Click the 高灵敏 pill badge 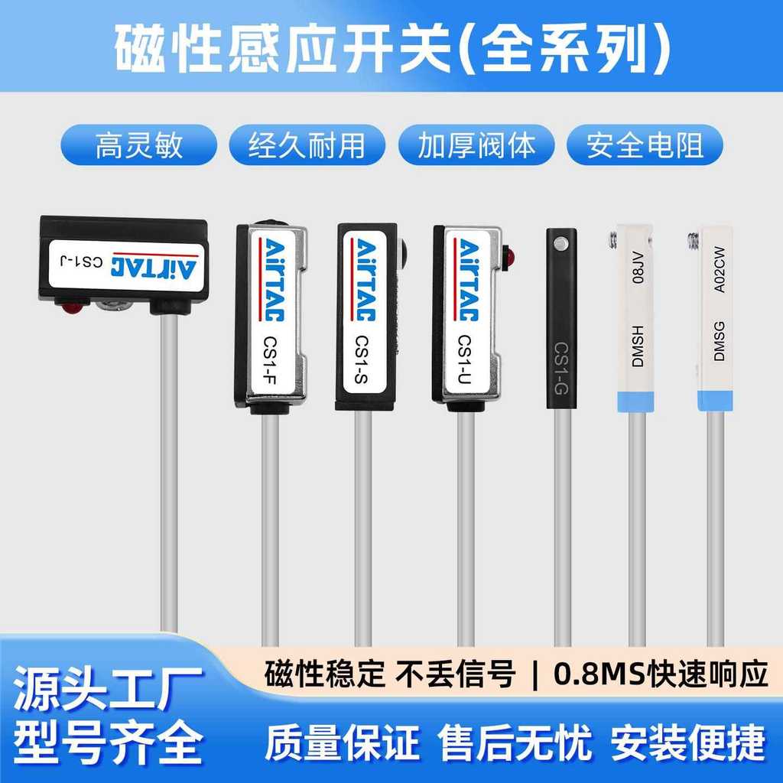click(139, 145)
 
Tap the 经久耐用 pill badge click(307, 145)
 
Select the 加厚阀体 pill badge click(476, 145)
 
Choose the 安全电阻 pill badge click(645, 145)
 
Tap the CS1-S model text click(362, 359)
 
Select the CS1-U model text click(464, 359)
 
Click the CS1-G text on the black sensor click(561, 369)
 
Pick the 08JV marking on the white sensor click(638, 268)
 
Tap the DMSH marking click(638, 346)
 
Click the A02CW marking click(719, 270)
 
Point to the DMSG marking click(719, 341)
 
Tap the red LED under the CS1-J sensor click(73, 306)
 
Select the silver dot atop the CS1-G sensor click(561, 244)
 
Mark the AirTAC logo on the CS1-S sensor click(365, 280)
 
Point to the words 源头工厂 click(108, 690)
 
